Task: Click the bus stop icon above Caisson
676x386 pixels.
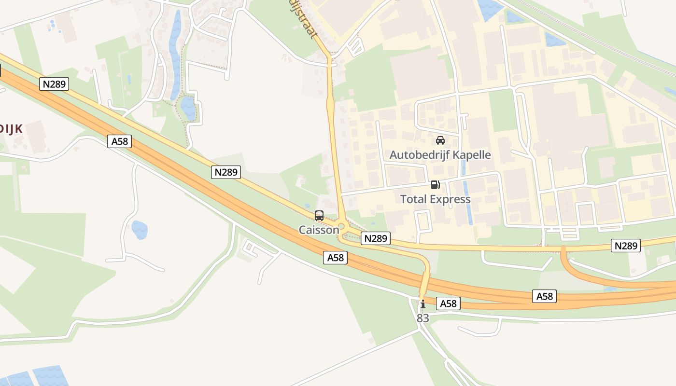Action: tap(319, 216)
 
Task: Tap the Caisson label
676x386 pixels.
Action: tap(319, 230)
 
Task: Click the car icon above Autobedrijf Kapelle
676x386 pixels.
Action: tap(440, 140)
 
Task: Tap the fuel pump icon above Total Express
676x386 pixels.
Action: tap(435, 185)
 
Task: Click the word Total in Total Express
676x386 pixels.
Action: tap(414, 199)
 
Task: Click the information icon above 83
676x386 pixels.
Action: tap(423, 304)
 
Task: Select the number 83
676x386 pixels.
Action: tap(422, 318)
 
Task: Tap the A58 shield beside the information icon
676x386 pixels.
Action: tap(448, 303)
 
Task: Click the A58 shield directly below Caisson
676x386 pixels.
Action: tap(336, 258)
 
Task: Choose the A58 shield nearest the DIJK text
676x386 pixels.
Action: tap(120, 141)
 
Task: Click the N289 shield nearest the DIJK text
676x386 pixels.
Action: tap(55, 84)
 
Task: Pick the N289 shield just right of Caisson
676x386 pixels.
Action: tap(376, 238)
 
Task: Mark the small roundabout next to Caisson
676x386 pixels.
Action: tap(342, 226)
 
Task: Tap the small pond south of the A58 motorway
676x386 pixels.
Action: tap(139, 230)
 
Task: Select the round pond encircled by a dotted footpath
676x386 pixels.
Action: tap(188, 108)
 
